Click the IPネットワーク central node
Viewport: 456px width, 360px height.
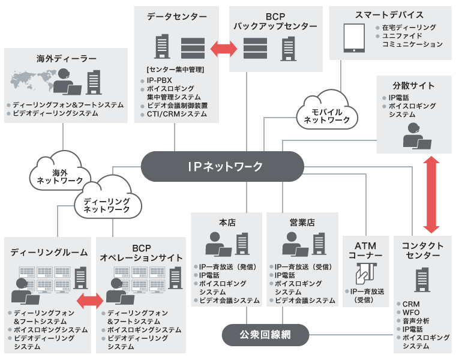pyautogui.click(x=222, y=166)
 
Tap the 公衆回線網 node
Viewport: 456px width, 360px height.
pyautogui.click(x=265, y=334)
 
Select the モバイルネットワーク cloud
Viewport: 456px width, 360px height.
pyautogui.click(x=327, y=112)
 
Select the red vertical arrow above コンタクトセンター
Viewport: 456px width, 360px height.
pyautogui.click(x=430, y=195)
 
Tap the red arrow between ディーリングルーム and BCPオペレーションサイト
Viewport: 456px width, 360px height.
pyautogui.click(x=90, y=298)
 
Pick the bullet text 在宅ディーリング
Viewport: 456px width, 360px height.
pyautogui.click(x=409, y=28)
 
